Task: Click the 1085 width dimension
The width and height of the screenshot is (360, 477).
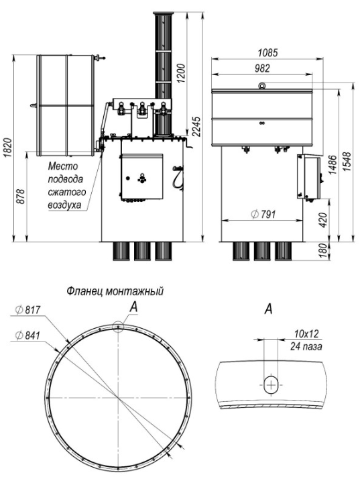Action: click(x=267, y=52)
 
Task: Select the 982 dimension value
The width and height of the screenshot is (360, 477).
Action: click(x=262, y=68)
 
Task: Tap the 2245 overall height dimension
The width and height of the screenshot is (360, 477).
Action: click(x=196, y=127)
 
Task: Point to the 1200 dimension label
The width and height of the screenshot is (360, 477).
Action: click(x=180, y=73)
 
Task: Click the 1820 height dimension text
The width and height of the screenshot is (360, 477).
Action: click(x=7, y=148)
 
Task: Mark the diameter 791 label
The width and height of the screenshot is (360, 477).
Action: click(x=263, y=214)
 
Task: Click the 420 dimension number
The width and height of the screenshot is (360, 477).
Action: click(x=324, y=220)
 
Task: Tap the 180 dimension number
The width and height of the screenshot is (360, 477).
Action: click(x=324, y=250)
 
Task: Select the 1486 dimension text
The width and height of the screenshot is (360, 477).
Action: click(x=333, y=165)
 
